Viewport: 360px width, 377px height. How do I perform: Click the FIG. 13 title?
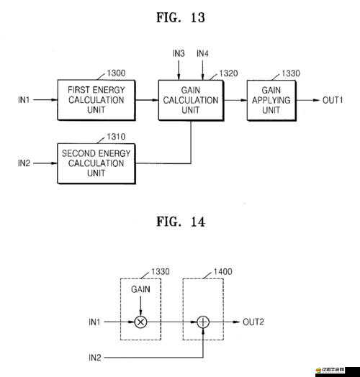coord(181,17)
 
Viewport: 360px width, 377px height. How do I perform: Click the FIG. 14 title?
coord(181,222)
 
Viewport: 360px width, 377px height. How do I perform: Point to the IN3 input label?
coord(179,53)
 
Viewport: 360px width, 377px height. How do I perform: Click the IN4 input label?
coord(202,53)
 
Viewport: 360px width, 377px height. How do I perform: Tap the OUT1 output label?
coord(333,100)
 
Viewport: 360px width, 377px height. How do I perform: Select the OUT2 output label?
coord(253,322)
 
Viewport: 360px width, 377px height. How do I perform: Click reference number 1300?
coord(116,73)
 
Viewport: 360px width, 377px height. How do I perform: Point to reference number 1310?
coord(116,137)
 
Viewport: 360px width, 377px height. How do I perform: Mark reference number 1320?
coord(228,73)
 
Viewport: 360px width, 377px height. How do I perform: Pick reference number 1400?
coord(222,271)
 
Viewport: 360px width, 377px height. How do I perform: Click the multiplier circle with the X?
coord(141,322)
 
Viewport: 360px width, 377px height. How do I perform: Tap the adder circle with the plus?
coord(203,322)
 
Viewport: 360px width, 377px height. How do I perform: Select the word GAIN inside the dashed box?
coord(140,289)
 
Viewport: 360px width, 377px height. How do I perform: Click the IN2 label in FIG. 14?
coord(95,358)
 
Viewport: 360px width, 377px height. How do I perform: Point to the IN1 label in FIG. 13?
coord(24,100)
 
